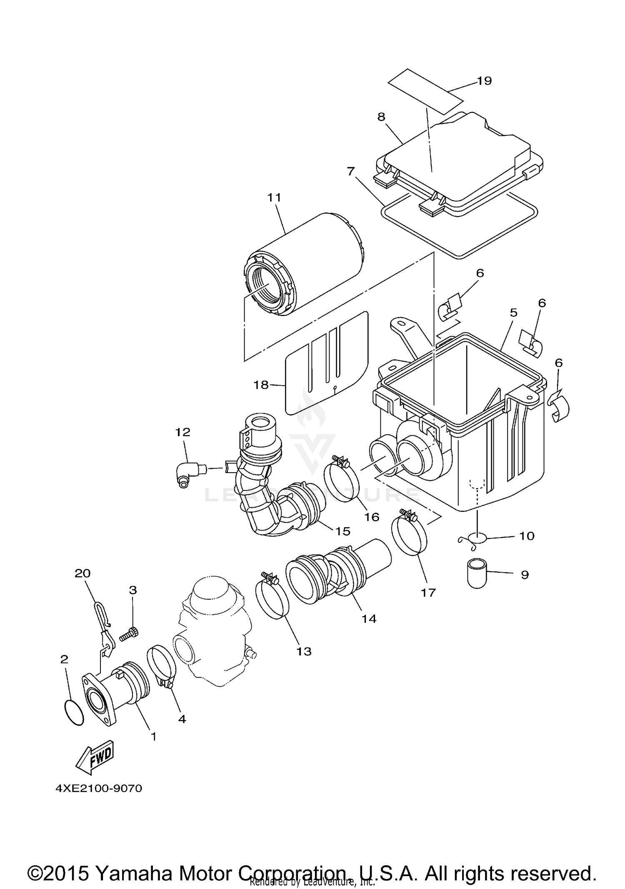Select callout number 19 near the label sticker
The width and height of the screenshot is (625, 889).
tap(484, 81)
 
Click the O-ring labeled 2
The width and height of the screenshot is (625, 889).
tap(75, 712)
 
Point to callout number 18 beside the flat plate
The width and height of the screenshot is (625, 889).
tap(261, 385)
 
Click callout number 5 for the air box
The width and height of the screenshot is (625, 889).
tap(513, 312)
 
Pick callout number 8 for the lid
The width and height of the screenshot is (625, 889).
tap(381, 117)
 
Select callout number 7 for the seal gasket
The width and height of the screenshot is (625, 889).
tap(350, 171)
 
